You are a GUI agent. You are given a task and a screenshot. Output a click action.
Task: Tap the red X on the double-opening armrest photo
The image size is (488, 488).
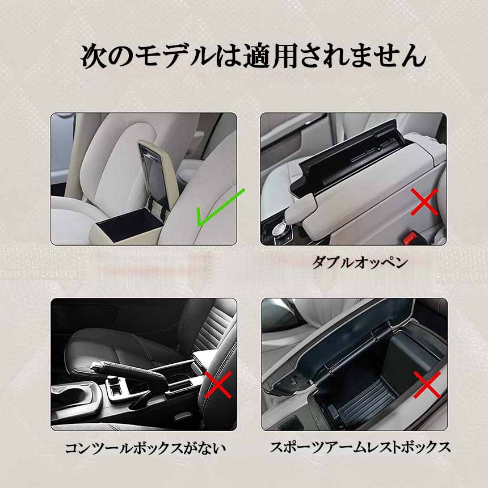pyautogui.click(x=424, y=202)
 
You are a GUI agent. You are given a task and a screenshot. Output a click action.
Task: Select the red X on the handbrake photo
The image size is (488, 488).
pyautogui.click(x=218, y=385)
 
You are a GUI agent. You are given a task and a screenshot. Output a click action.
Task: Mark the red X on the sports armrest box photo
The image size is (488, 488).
pyautogui.click(x=427, y=385)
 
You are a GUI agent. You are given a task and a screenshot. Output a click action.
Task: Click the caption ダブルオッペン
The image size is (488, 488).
pyautogui.click(x=360, y=262)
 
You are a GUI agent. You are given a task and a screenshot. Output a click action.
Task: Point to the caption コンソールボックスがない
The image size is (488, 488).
pyautogui.click(x=145, y=448)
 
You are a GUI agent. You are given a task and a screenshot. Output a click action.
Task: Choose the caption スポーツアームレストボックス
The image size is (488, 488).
pyautogui.click(x=360, y=447)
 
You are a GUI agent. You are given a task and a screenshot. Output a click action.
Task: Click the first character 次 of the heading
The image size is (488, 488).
pyautogui.click(x=94, y=56)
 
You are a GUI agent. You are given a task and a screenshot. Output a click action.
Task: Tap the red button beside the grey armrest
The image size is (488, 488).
pyautogui.click(x=410, y=237)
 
